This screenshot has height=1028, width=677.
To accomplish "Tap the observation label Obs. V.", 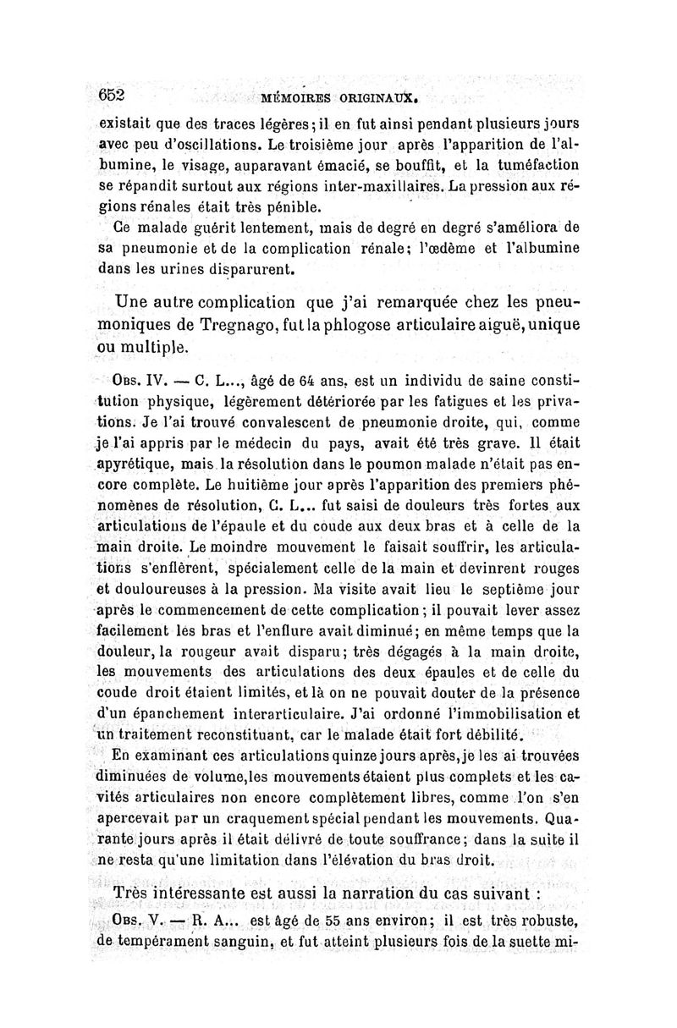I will tap(143, 921).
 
